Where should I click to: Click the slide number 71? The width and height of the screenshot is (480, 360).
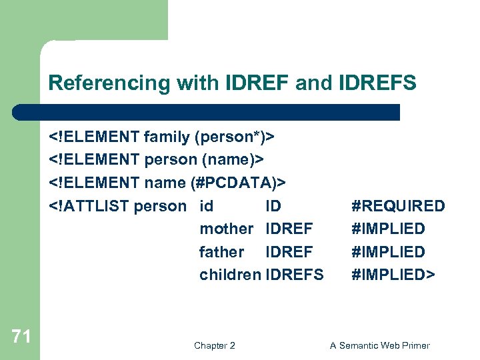coord(21,337)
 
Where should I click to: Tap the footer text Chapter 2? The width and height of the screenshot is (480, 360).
coord(214,345)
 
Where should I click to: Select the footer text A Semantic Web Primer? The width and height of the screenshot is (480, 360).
coord(380,345)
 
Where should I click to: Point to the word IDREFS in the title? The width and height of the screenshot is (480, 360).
coord(378,83)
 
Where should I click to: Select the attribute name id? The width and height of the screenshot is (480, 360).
coord(207,206)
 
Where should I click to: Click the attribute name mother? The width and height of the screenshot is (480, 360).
coord(226,229)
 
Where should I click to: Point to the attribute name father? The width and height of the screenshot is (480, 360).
coord(221,252)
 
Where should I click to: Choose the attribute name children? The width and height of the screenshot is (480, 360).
coord(230,275)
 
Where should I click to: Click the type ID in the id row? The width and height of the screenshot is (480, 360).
coord(273,206)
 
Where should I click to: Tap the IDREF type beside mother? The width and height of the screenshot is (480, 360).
coord(289,229)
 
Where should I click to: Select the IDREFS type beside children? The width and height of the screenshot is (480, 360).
coord(294,275)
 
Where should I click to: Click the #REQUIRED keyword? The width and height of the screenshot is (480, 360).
coord(398,206)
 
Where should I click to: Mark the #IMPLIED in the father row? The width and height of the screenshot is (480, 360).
coord(388,252)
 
